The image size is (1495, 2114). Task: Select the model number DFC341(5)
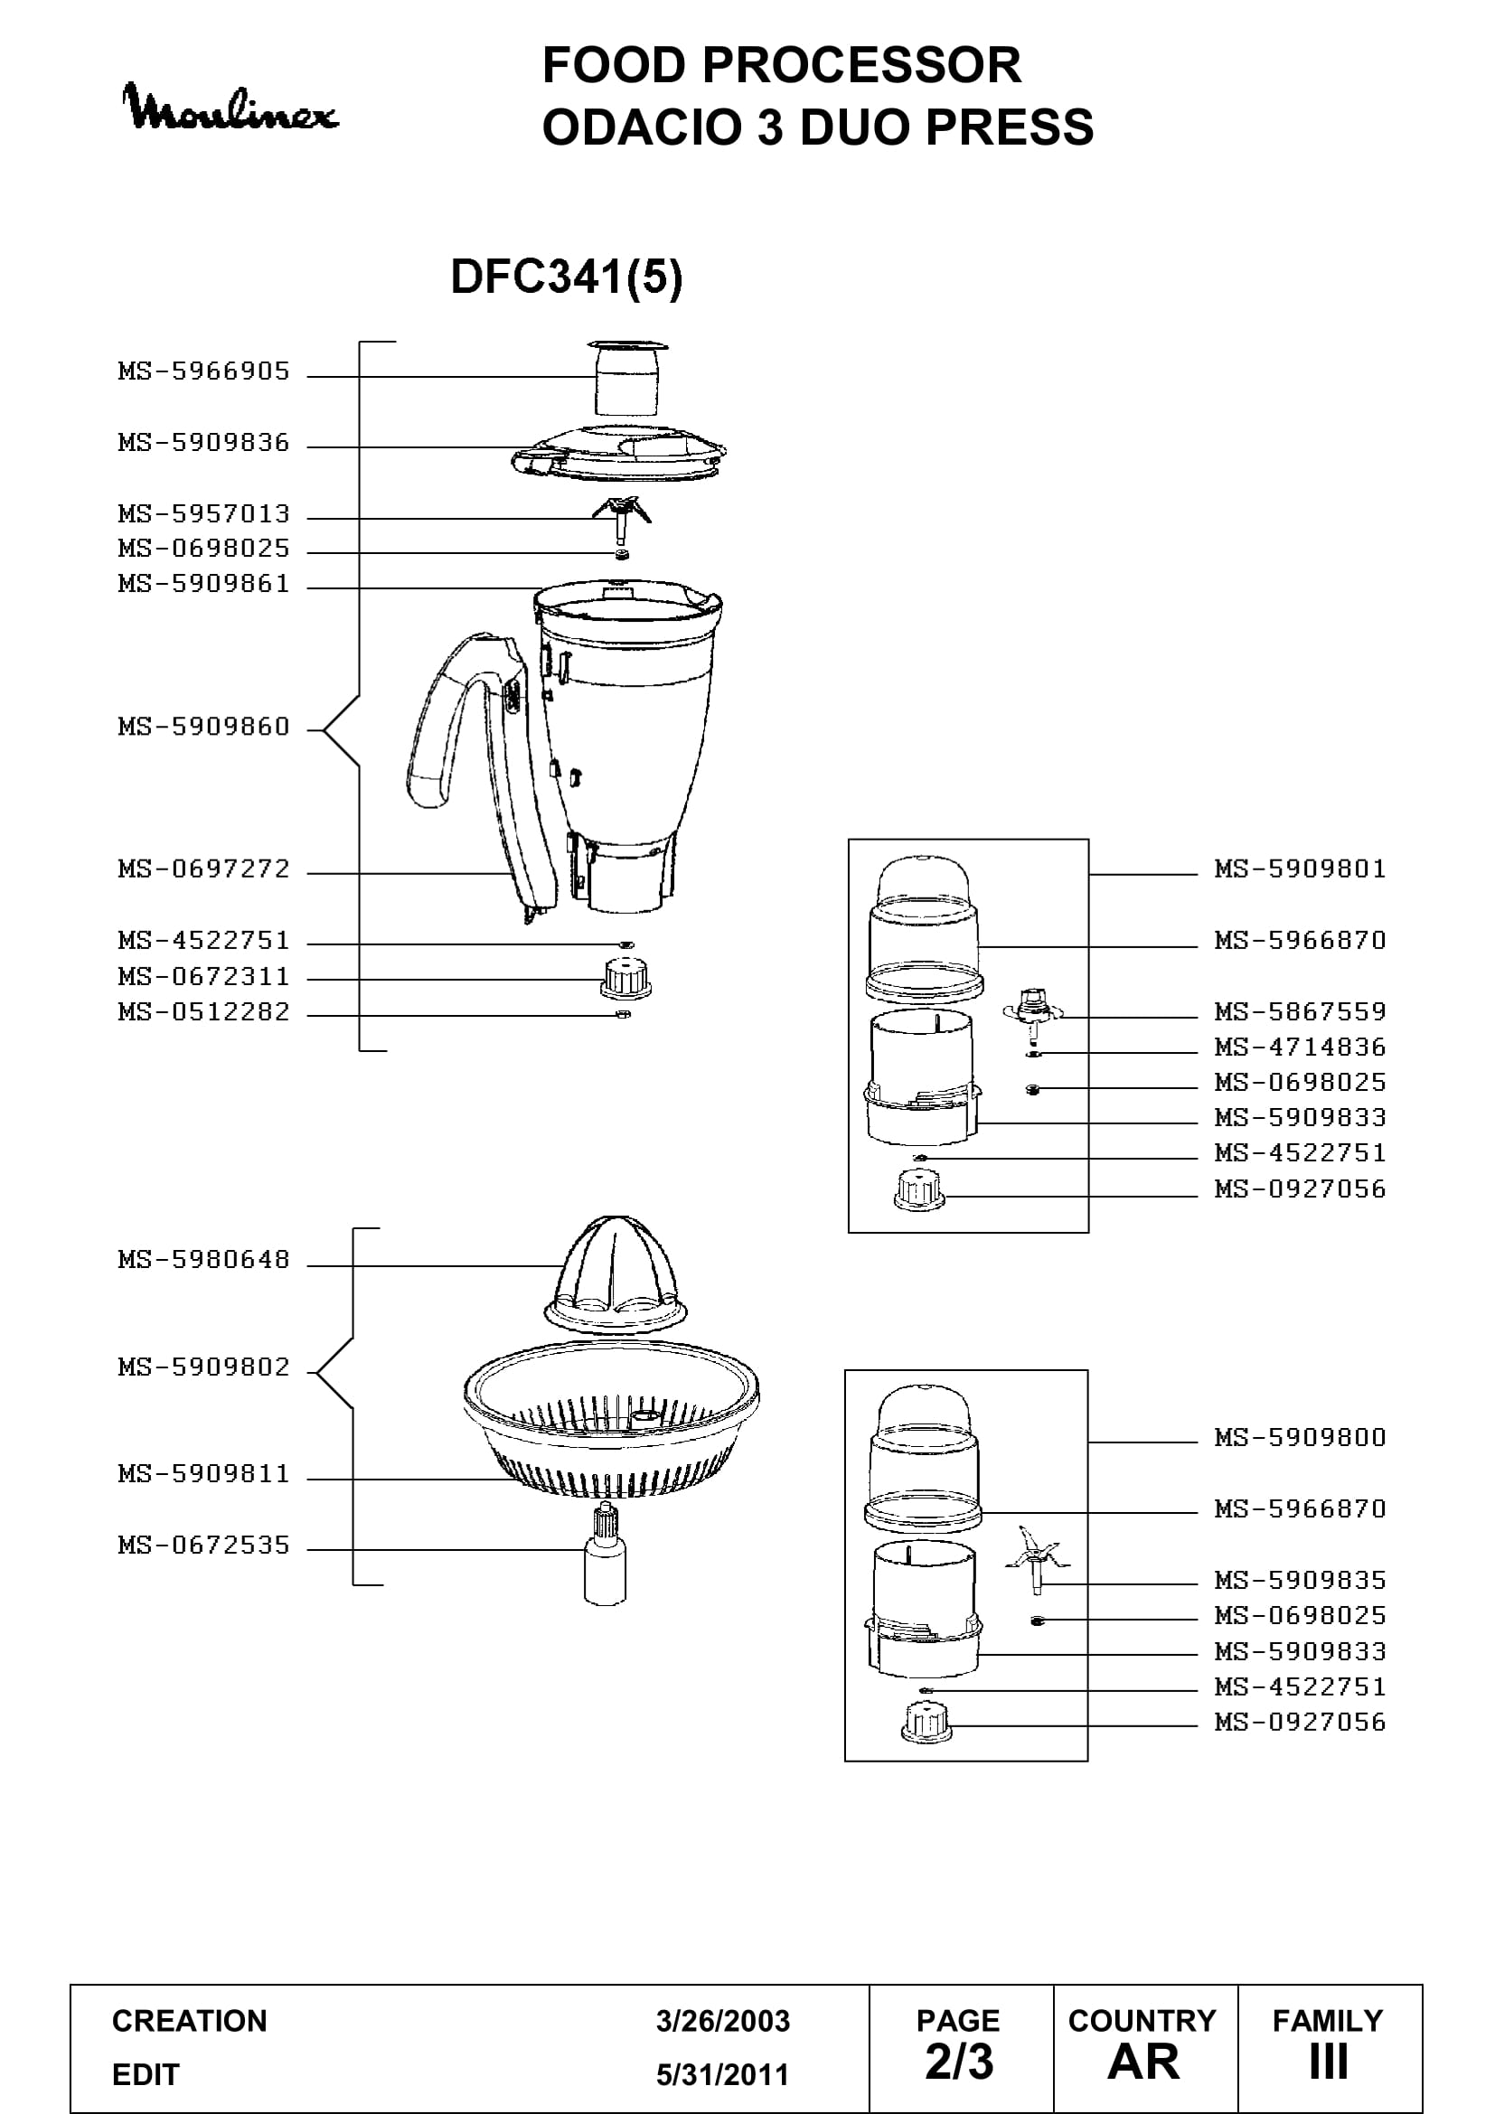pos(566,277)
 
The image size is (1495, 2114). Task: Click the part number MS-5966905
pos(204,371)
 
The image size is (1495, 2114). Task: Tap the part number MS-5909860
pos(204,727)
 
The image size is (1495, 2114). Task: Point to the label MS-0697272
pos(204,869)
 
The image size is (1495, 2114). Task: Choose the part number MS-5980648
pos(204,1259)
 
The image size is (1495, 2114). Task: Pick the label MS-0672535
pos(204,1544)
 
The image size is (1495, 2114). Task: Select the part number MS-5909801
pos(1300,869)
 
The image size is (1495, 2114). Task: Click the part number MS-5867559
pos(1300,1011)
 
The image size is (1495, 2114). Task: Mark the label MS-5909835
pos(1300,1580)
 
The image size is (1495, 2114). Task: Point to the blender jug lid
pos(619,452)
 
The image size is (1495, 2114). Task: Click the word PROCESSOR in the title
pos(862,65)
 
